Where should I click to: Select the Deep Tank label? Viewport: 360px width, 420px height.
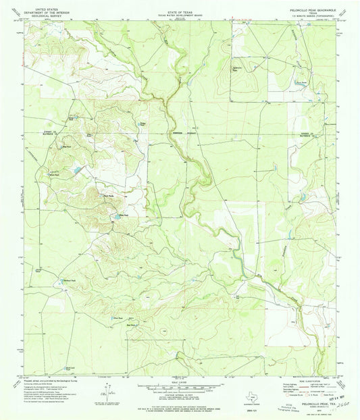coord(123,215)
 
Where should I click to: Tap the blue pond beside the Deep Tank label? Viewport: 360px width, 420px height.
coord(115,216)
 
